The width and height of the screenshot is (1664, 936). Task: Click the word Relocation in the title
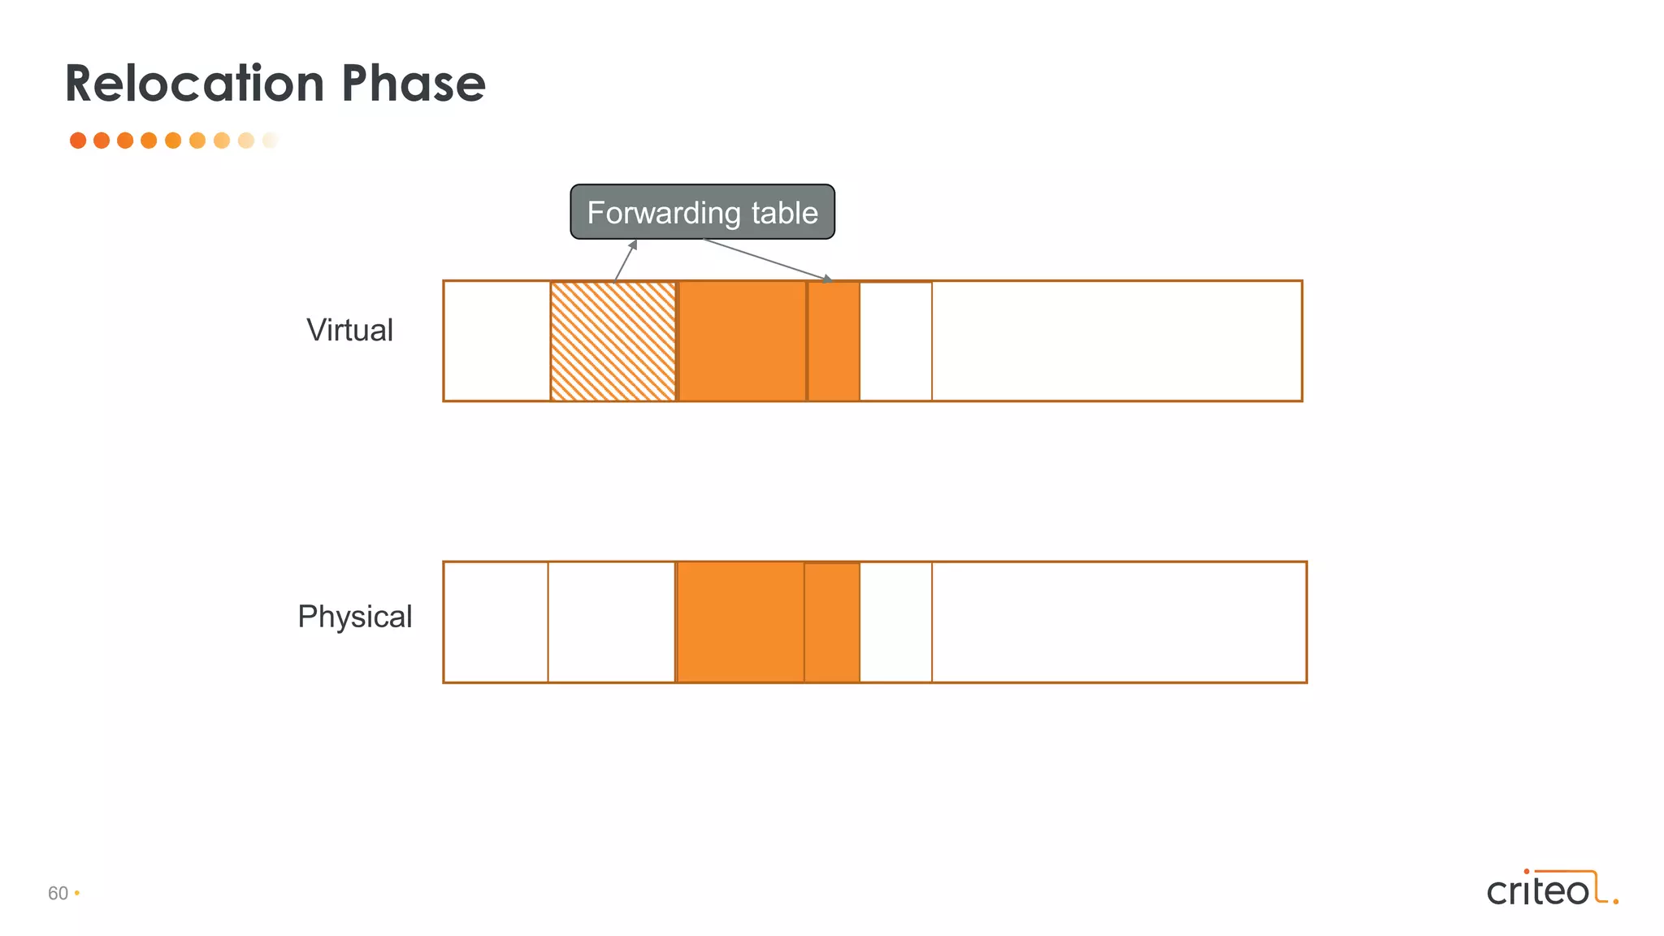coord(195,84)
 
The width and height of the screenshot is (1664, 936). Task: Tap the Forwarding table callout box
coord(702,212)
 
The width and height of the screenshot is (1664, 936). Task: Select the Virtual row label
coord(349,331)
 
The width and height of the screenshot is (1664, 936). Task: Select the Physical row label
coord(354,617)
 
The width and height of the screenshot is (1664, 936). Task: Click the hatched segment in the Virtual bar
coord(613,341)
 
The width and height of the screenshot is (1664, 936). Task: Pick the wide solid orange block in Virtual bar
coord(742,341)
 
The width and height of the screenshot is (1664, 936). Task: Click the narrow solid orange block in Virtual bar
coord(834,341)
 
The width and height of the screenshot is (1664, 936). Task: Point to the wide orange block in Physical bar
coord(740,622)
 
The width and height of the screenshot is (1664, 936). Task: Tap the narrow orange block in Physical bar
coord(832,622)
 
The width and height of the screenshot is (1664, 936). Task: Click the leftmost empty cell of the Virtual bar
coord(496,341)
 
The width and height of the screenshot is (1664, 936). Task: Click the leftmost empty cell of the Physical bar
coord(496,622)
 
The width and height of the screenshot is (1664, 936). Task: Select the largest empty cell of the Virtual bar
coord(1116,341)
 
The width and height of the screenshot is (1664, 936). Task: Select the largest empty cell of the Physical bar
coord(1119,622)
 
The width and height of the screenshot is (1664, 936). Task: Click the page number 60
coord(58,894)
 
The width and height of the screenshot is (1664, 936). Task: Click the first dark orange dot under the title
coord(78,141)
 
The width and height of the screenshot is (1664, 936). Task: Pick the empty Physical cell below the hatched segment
coord(611,622)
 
